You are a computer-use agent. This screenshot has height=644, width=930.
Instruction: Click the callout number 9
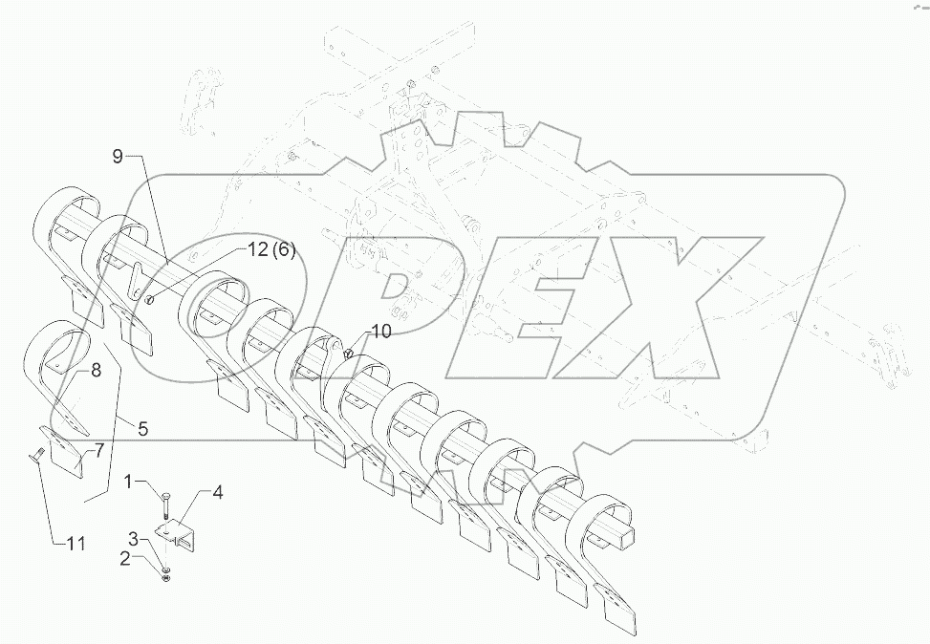click(x=118, y=157)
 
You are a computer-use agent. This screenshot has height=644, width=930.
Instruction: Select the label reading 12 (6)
click(x=270, y=250)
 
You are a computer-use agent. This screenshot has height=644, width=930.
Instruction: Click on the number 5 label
click(x=141, y=429)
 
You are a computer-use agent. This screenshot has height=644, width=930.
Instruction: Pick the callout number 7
click(x=98, y=450)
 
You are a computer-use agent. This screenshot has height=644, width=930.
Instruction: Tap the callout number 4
click(x=218, y=493)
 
